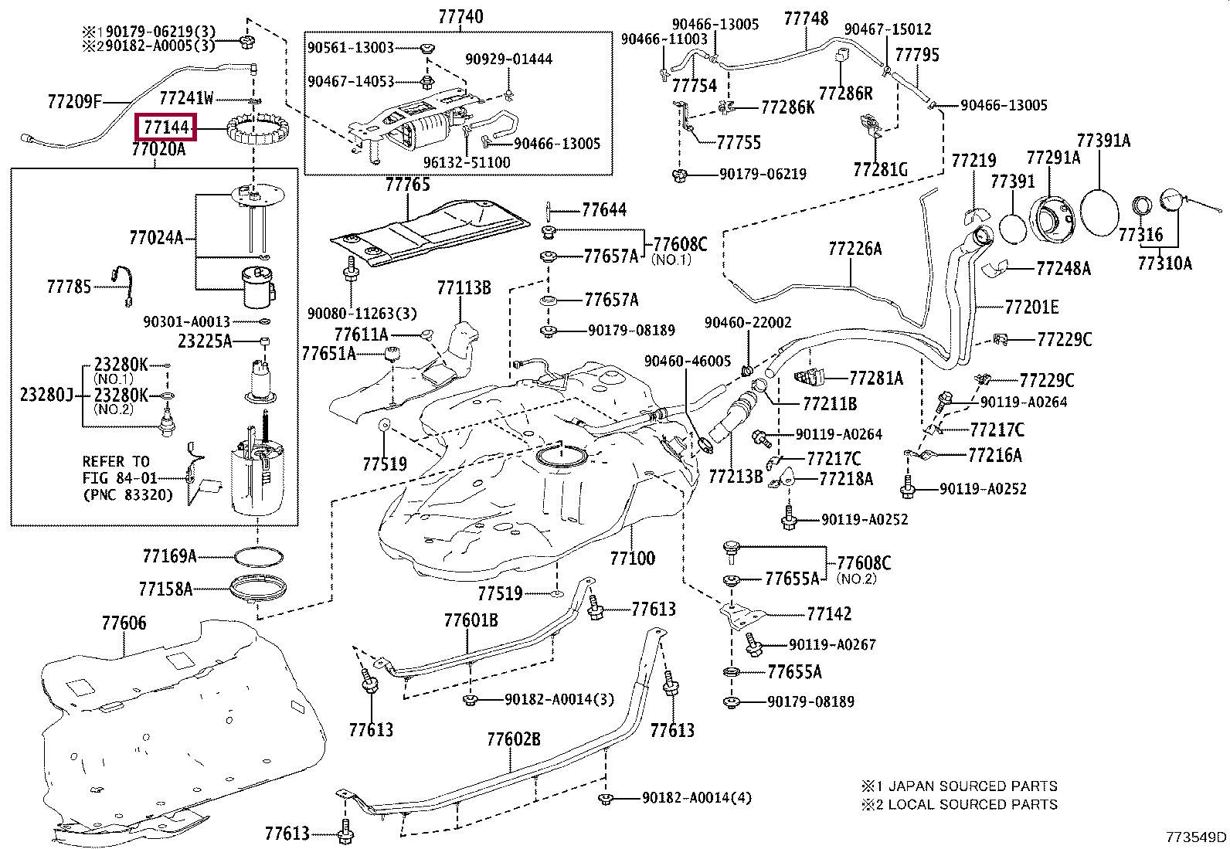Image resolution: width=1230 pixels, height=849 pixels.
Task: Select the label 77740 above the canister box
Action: (x=460, y=16)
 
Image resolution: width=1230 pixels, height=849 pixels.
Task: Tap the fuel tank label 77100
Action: (x=632, y=558)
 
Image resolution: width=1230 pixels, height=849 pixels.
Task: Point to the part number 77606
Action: (x=124, y=623)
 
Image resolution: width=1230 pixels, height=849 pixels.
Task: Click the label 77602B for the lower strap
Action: (x=514, y=739)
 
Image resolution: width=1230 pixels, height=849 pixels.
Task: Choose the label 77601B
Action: (x=471, y=620)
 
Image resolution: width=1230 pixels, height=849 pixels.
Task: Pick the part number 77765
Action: (x=408, y=185)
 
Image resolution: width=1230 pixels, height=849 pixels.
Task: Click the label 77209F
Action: (x=74, y=100)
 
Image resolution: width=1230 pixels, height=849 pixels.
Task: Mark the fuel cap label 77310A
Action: (x=1164, y=263)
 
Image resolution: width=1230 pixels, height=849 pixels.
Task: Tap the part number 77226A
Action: (x=855, y=249)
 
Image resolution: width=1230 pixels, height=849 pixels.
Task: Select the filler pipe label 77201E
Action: (x=1031, y=307)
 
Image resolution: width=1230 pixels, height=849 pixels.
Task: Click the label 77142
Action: (x=829, y=614)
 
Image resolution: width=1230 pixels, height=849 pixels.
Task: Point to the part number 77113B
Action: (x=464, y=288)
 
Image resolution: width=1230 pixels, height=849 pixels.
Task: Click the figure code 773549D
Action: (x=1196, y=837)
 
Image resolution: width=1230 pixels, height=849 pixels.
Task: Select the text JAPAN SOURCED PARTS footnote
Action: (x=972, y=786)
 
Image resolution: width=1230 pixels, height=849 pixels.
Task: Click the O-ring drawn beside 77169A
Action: (x=257, y=556)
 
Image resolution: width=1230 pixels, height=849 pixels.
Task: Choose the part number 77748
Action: (x=806, y=19)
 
